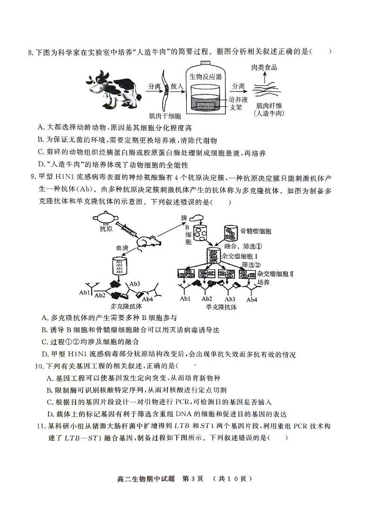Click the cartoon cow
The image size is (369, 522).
[112, 86]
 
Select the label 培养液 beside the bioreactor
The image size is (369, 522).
[239, 100]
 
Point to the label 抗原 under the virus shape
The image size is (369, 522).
[106, 228]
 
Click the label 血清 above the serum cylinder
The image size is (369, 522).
[116, 249]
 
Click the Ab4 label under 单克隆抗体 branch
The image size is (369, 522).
[251, 300]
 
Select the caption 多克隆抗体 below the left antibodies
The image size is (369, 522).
[126, 306]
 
